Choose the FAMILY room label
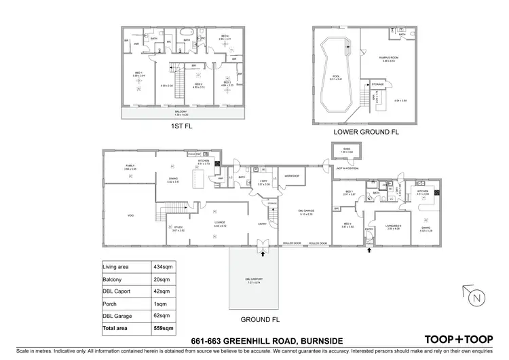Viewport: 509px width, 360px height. coord(129,166)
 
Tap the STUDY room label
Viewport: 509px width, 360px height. coord(178,228)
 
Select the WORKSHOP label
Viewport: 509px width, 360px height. coord(293,175)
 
